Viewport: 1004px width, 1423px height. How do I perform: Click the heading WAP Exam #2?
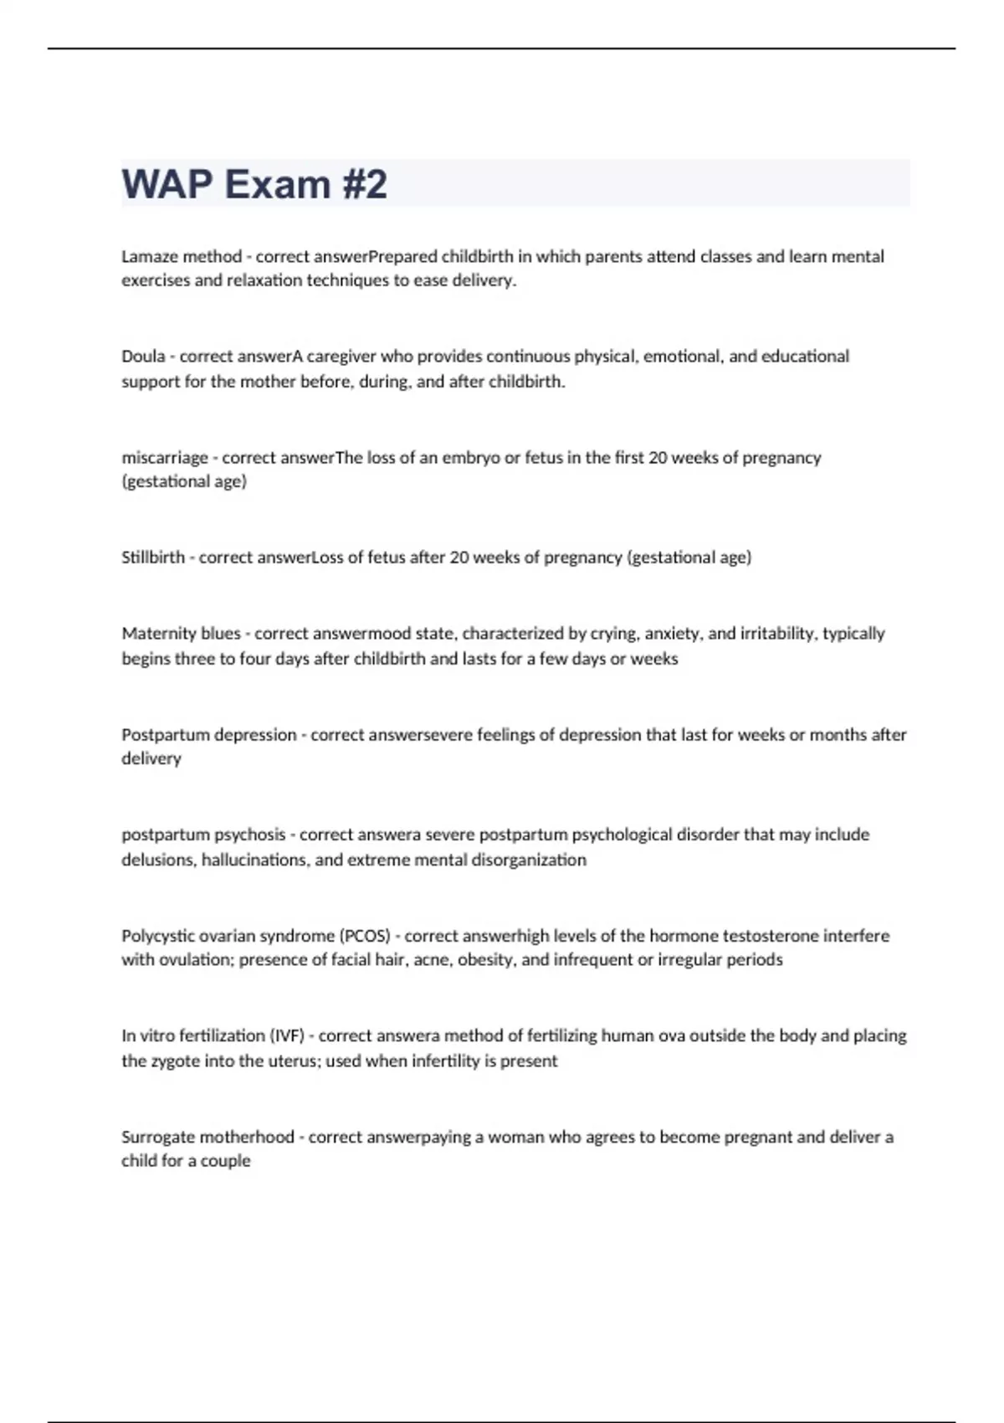pyautogui.click(x=254, y=184)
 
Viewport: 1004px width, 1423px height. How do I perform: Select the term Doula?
pyautogui.click(x=143, y=357)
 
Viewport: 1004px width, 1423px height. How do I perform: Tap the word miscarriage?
pyautogui.click(x=165, y=458)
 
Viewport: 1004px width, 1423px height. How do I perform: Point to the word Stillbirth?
pyautogui.click(x=153, y=557)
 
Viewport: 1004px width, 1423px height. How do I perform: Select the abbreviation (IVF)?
pyautogui.click(x=287, y=1036)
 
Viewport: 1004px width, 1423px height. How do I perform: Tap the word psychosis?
pyautogui.click(x=249, y=835)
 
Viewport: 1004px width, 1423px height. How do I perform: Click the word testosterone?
pyautogui.click(x=771, y=936)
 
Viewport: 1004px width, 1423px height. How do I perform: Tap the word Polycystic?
pyautogui.click(x=159, y=936)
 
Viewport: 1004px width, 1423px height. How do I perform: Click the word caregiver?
pyautogui.click(x=341, y=357)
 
